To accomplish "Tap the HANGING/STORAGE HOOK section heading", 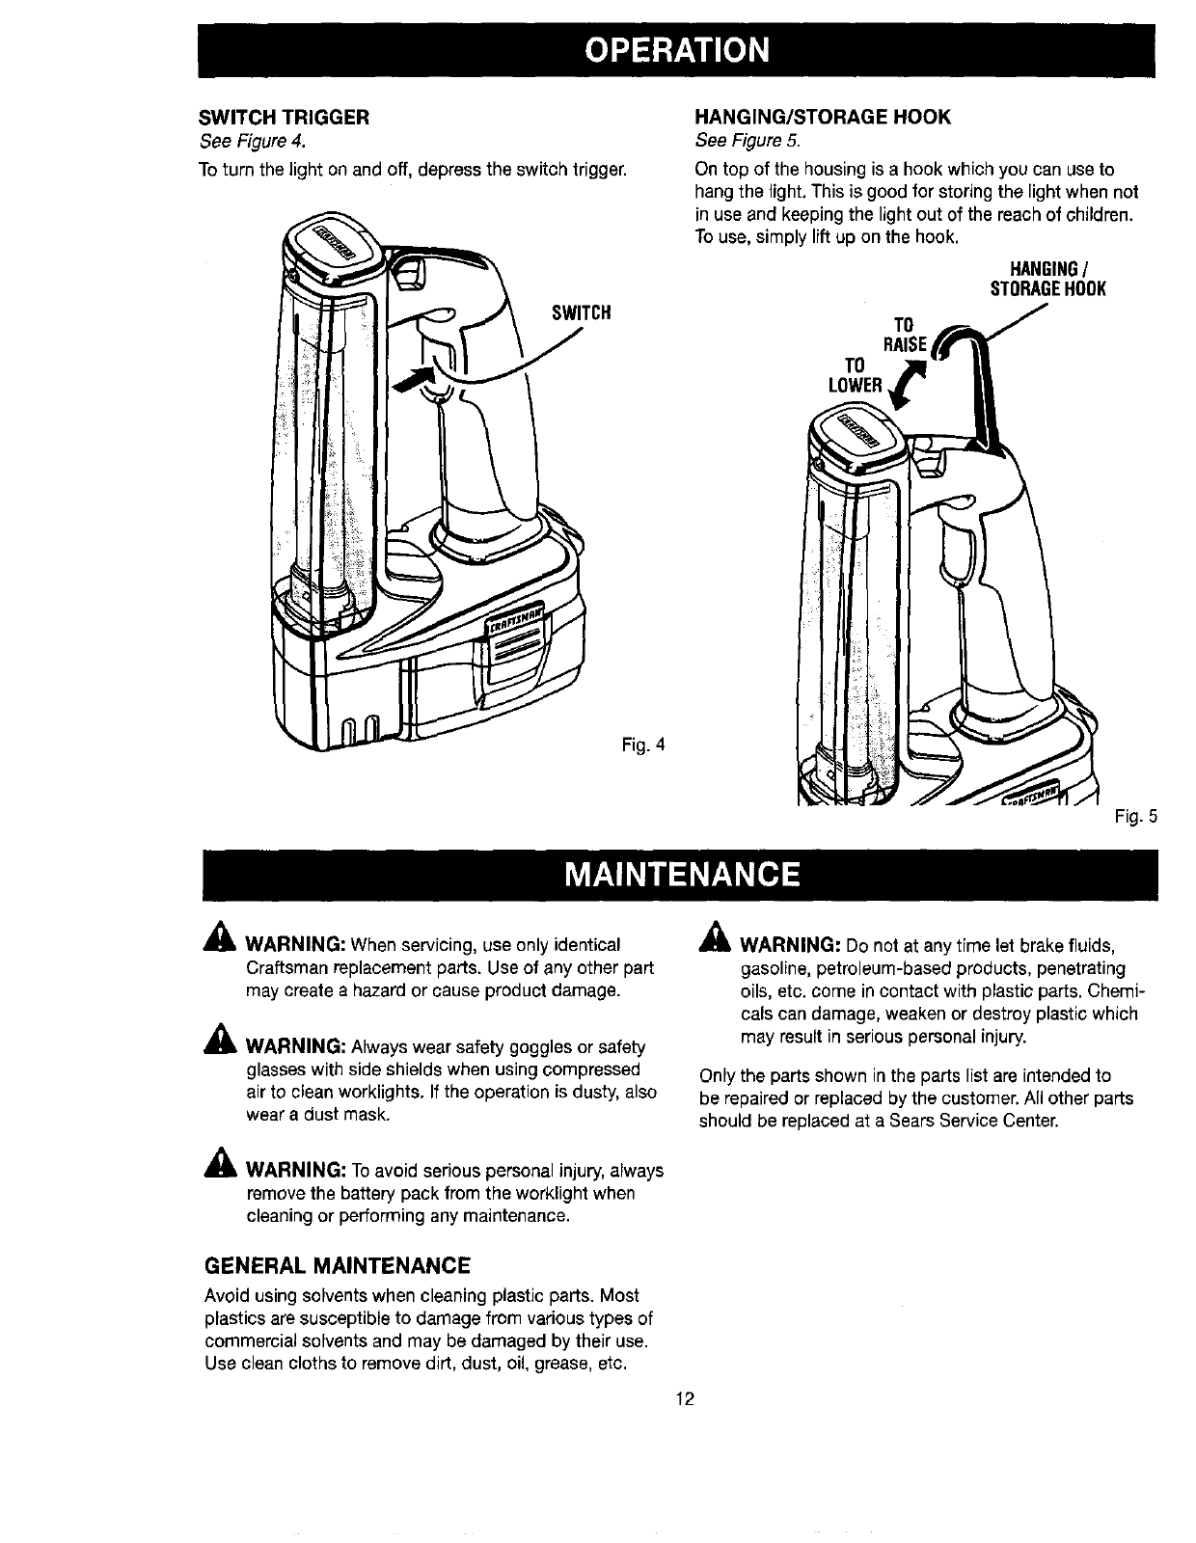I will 823,118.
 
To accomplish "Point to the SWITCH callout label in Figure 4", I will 582,313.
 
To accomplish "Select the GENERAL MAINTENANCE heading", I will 337,1265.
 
